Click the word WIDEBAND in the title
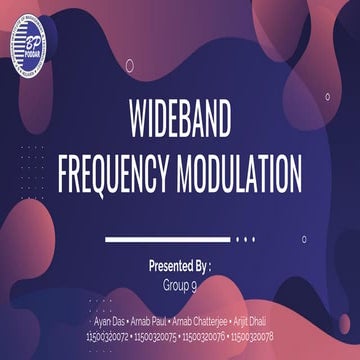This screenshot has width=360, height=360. click(180, 121)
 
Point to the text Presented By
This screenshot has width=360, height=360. click(180, 268)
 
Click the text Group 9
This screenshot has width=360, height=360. click(180, 284)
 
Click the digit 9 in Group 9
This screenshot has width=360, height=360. click(194, 284)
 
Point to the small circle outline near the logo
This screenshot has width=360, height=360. click(129, 66)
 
